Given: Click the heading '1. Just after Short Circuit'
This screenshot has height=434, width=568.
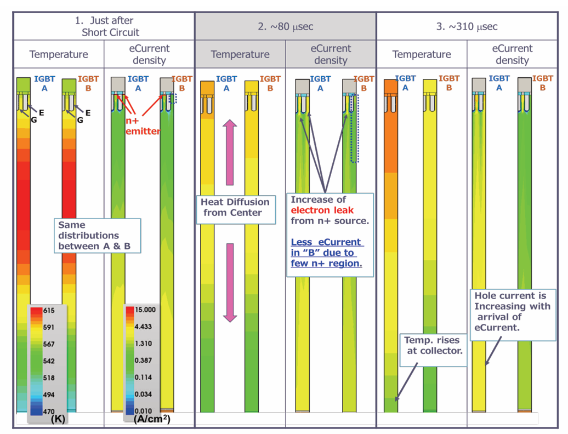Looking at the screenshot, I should click(104, 26).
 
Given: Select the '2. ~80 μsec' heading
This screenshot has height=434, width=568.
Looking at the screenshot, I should click(285, 26).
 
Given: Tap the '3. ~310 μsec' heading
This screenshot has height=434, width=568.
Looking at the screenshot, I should click(467, 26).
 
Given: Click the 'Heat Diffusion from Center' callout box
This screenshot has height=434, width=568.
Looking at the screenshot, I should click(235, 208).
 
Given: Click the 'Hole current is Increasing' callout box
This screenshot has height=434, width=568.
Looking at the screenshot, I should click(512, 311).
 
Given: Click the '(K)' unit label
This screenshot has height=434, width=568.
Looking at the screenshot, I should click(58, 420).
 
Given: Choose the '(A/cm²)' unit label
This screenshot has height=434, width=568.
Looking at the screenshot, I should click(152, 420).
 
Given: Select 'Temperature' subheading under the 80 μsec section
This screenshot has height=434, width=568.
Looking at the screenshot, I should click(240, 54).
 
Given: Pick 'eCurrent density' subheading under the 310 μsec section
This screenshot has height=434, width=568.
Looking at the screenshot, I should click(512, 54).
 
